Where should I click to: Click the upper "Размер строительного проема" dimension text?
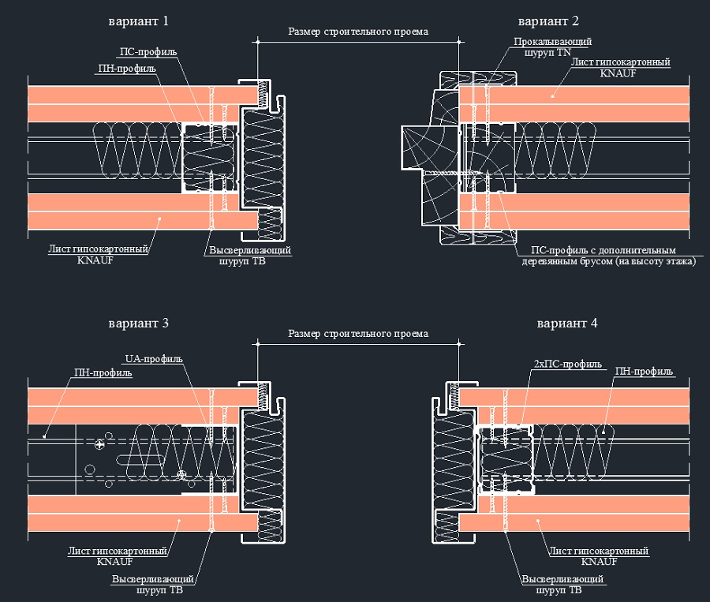point(358,32)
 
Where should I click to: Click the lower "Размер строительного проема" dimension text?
point(358,334)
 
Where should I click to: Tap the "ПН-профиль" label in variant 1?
point(126,69)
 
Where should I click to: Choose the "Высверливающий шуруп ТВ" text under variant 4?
point(562,584)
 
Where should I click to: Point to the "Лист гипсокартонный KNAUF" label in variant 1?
point(99,254)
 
